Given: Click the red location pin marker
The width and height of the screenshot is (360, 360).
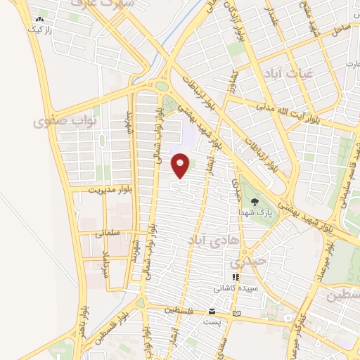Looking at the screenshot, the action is tap(181, 165).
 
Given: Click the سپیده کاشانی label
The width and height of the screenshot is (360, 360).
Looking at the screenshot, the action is tap(236, 288).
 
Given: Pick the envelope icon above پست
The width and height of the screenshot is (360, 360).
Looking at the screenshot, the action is tap(212, 311).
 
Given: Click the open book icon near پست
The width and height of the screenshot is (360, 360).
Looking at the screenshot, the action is tap(236, 312).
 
